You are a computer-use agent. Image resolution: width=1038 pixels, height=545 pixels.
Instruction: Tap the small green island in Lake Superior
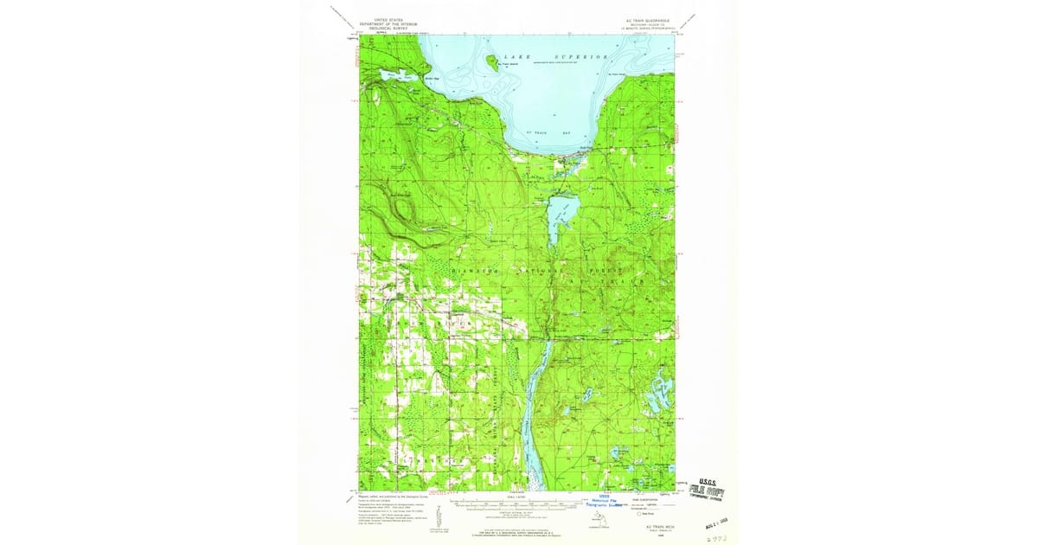[x=491, y=61]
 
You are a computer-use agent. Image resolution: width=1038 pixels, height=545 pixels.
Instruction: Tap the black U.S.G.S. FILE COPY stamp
[x=707, y=490]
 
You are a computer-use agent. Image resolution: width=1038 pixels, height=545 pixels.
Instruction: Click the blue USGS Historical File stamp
[x=606, y=503]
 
